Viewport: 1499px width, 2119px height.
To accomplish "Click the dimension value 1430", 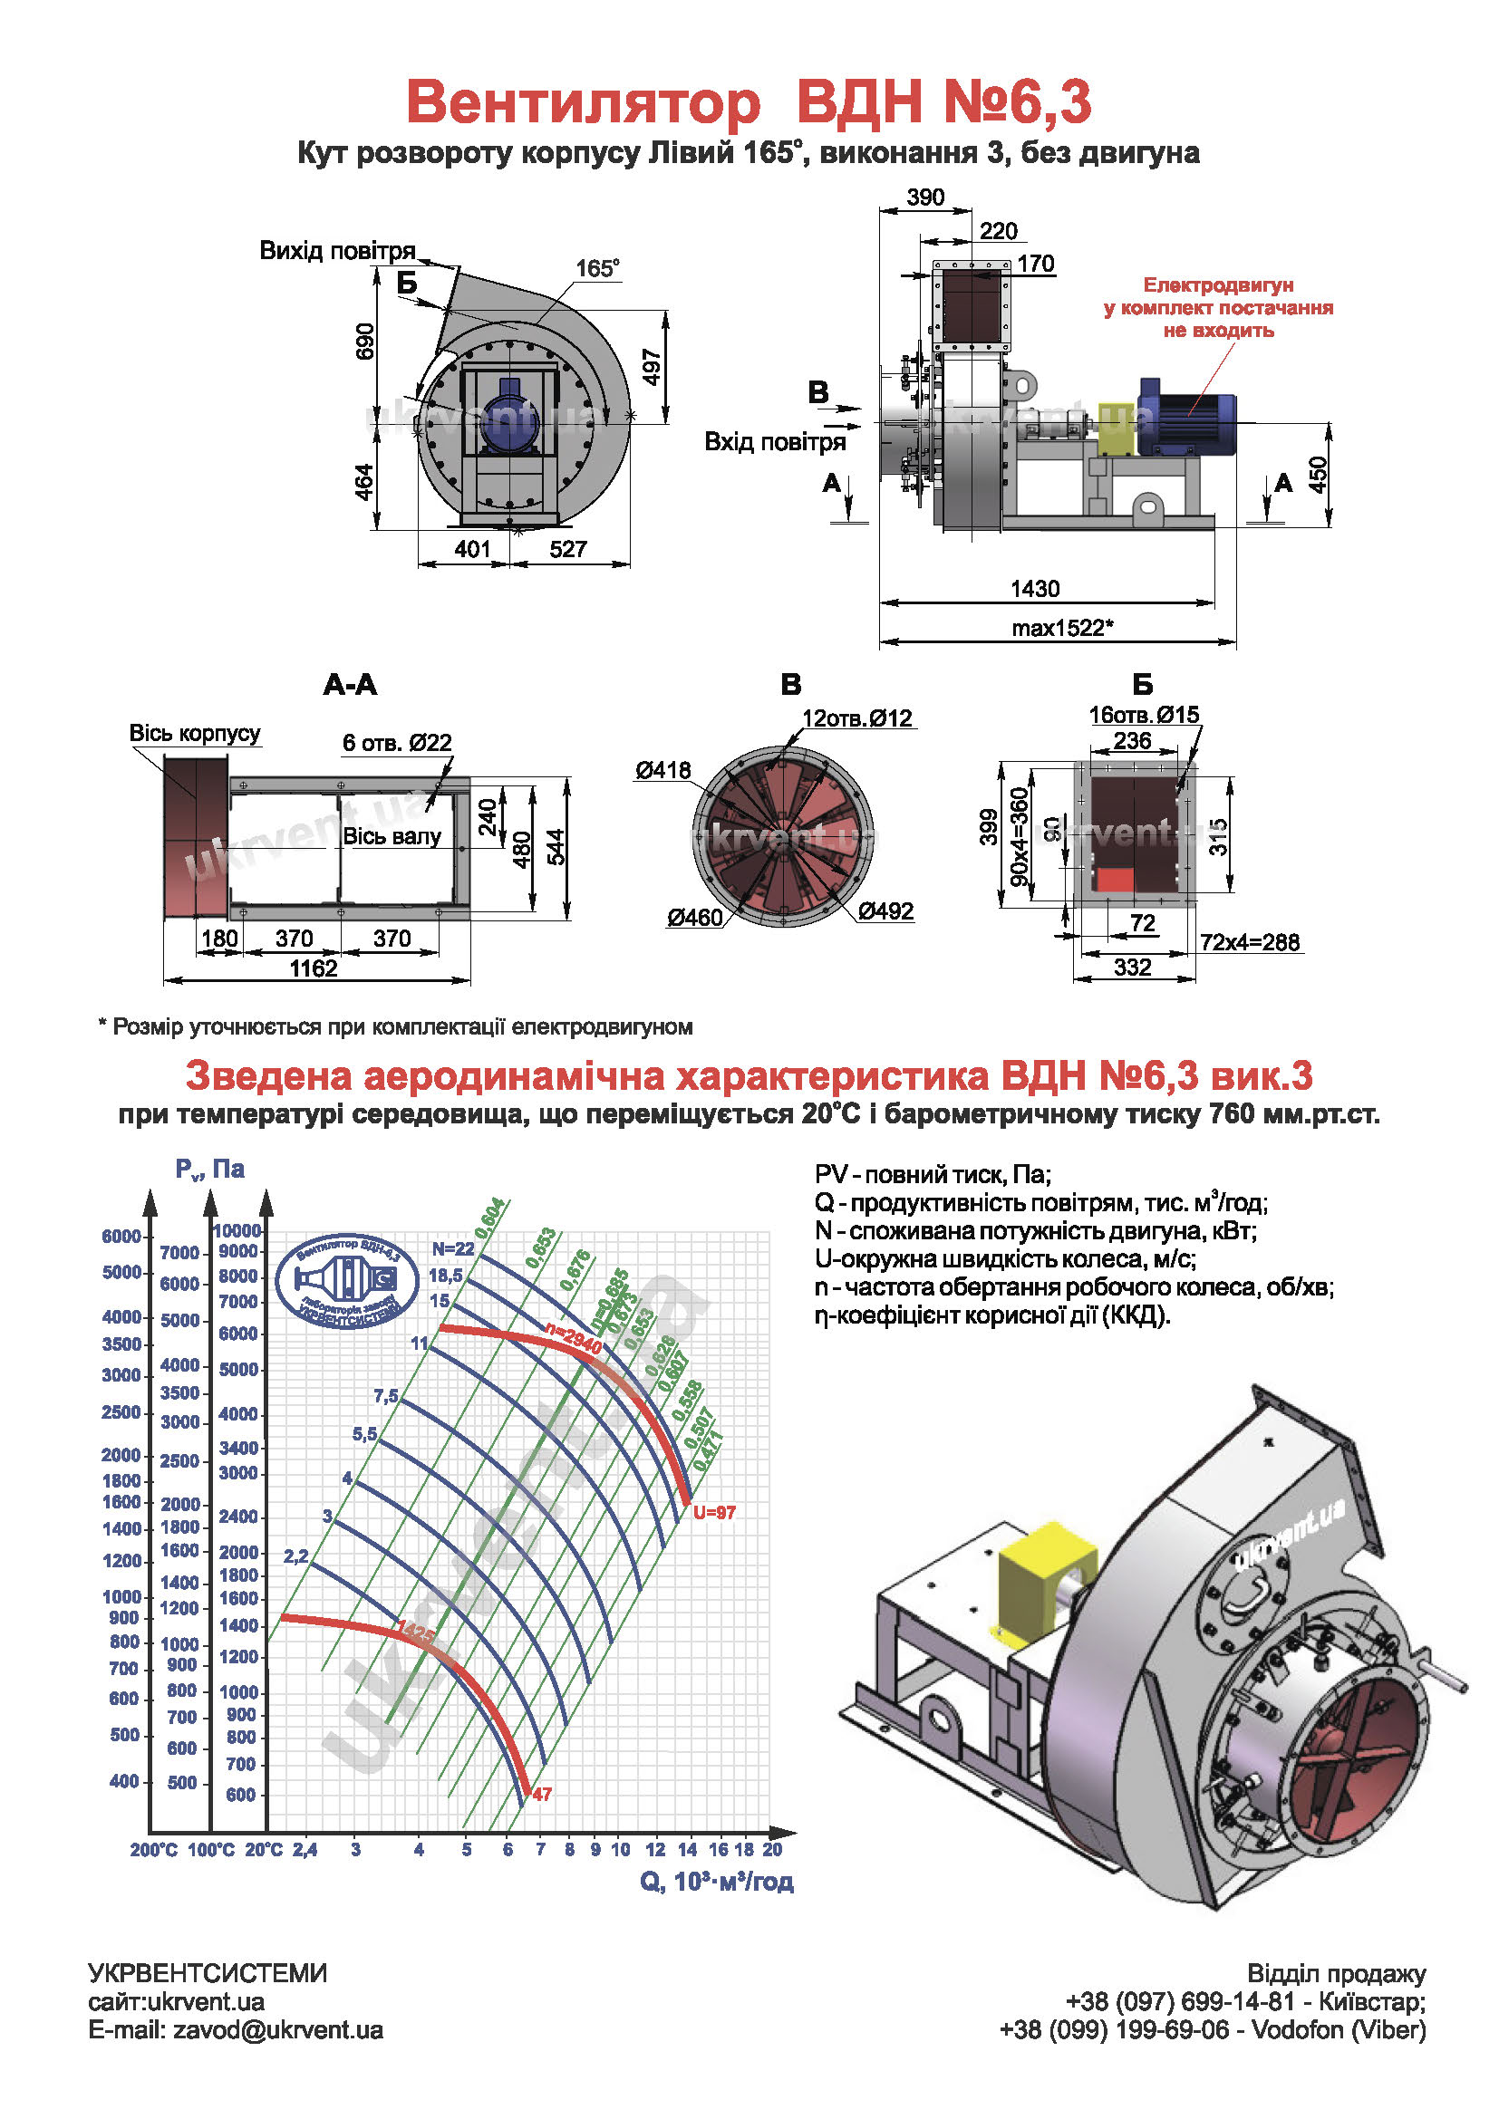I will click(1035, 589).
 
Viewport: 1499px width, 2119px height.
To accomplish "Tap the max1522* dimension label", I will click(1061, 629).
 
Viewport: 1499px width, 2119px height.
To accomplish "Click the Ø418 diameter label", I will click(662, 770).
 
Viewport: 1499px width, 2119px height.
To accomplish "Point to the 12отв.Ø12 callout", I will click(856, 718).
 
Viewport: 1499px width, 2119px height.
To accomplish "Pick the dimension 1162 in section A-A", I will click(314, 968).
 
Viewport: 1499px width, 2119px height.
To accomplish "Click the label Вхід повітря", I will click(774, 442).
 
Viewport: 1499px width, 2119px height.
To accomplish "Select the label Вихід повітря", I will click(337, 251).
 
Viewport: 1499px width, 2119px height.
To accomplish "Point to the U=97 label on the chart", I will click(713, 1512).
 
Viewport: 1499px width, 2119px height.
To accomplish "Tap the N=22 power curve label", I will click(452, 1248).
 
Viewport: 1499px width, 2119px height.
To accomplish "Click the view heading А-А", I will click(350, 685).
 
